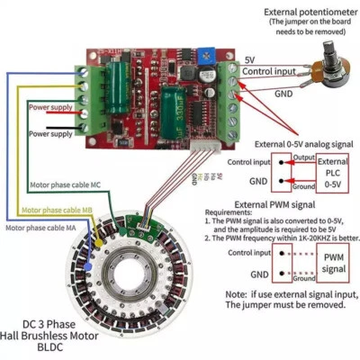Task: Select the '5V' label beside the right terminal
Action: [249, 59]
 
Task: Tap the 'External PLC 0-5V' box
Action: [333, 172]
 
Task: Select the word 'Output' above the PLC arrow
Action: [303, 158]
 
